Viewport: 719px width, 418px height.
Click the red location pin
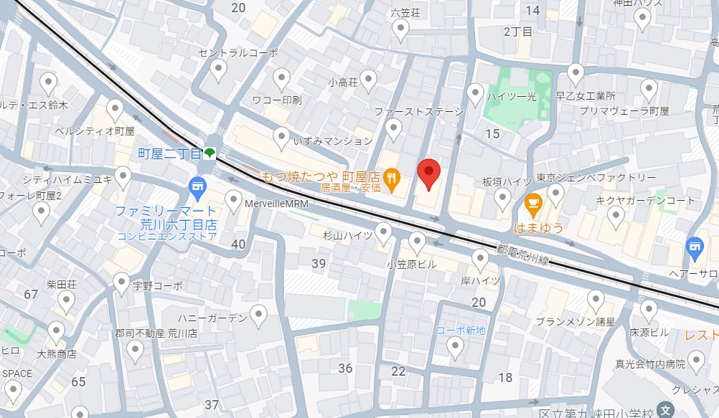tap(428, 173)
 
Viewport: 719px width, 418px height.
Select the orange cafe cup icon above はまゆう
tap(532, 204)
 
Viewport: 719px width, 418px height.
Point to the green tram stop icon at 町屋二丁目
tap(209, 152)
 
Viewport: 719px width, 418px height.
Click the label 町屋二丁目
tap(169, 153)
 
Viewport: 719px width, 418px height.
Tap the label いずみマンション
tap(333, 141)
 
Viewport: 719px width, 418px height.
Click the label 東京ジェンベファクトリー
tap(596, 177)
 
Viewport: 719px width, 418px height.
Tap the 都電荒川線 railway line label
tap(523, 255)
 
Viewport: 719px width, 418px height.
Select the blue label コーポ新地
tap(461, 330)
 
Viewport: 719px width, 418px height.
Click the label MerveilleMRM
tap(276, 204)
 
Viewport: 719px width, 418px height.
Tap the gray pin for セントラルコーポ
tap(219, 70)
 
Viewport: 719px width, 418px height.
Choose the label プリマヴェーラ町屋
tap(624, 111)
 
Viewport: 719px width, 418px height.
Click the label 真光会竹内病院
tap(650, 364)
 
